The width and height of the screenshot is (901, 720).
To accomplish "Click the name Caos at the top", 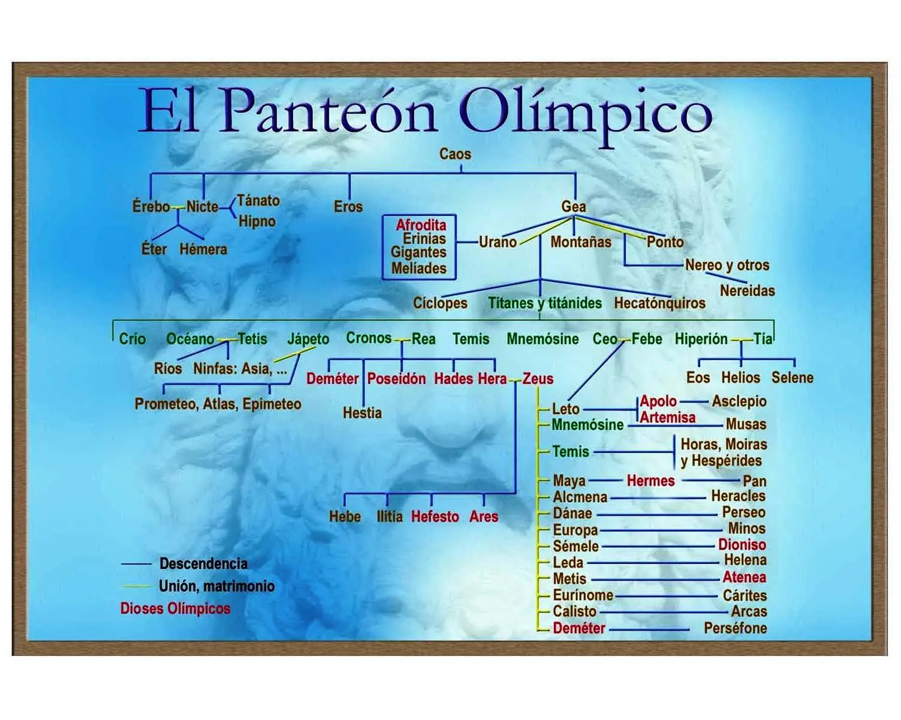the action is tap(455, 154).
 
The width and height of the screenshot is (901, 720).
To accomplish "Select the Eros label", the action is tap(348, 206).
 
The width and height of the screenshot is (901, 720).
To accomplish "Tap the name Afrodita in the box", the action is tap(421, 225).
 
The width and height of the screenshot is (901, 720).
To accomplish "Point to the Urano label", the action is tap(498, 242).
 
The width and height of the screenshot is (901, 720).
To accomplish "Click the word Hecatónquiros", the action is tap(659, 303).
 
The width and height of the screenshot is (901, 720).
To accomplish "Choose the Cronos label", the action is tap(369, 338).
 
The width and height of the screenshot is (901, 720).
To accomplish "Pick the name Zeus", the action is tap(538, 379).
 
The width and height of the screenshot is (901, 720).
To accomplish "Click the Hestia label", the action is tap(362, 413).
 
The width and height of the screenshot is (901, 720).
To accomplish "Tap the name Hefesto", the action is tap(435, 517).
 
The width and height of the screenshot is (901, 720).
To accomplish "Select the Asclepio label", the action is tap(739, 401).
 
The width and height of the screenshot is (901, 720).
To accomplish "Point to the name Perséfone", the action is tap(735, 628).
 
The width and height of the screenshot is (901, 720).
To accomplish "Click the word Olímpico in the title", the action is tap(585, 112).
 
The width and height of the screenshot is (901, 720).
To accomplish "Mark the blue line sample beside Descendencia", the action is tap(136, 564).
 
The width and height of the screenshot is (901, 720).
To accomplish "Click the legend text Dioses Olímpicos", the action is tap(175, 608).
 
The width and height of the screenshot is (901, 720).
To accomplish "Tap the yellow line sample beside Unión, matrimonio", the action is tap(136, 586).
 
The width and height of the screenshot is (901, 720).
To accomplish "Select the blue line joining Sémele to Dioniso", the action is tap(658, 547).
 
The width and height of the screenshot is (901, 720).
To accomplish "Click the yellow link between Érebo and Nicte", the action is tap(178, 207).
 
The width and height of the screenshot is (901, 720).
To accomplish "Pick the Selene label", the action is tap(792, 377).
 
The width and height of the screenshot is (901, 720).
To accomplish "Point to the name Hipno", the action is tap(257, 221).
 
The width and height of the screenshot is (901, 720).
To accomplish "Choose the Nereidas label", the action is tap(748, 290).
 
